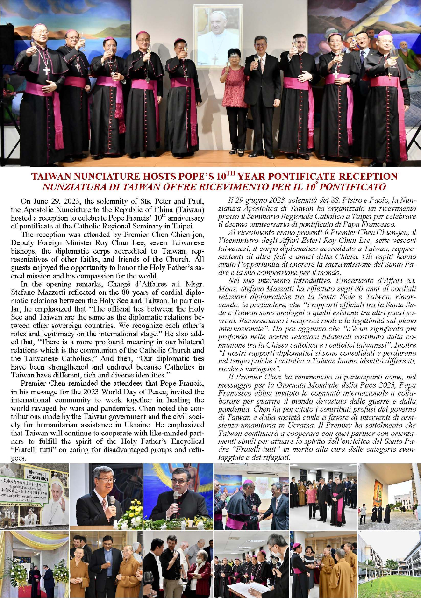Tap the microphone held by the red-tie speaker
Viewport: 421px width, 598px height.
(112, 500)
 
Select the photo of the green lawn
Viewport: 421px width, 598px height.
(389, 584)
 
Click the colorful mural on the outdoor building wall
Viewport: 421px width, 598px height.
(378, 492)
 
